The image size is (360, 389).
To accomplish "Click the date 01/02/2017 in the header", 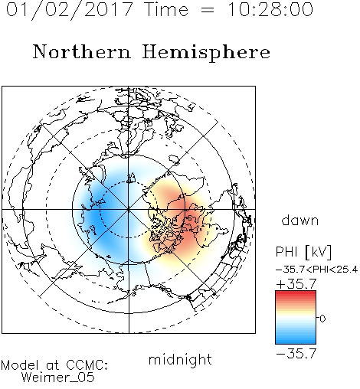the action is [x=69, y=10].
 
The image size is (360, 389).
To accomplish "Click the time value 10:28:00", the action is [x=270, y=9].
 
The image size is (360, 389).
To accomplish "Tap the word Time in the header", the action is [x=166, y=9].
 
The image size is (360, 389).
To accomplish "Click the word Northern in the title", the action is [x=82, y=52].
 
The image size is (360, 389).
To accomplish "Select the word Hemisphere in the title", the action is [x=206, y=53].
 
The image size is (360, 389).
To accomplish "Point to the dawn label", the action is [x=300, y=220].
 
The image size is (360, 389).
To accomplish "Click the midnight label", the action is [x=180, y=360].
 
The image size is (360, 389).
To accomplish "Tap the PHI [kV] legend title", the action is [x=303, y=252].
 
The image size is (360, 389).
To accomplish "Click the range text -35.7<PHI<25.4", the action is [x=317, y=270].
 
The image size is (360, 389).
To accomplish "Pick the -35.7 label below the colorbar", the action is [x=296, y=354].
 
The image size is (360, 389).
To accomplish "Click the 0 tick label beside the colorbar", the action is [x=322, y=319].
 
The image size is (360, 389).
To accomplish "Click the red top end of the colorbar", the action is [x=296, y=293].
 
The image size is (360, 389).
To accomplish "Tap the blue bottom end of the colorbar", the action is [x=296, y=342].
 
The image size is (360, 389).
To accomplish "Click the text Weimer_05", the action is [x=58, y=378].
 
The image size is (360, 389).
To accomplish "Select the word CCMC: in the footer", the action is [x=87, y=365].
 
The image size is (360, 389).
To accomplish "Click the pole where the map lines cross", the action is [x=129, y=210].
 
